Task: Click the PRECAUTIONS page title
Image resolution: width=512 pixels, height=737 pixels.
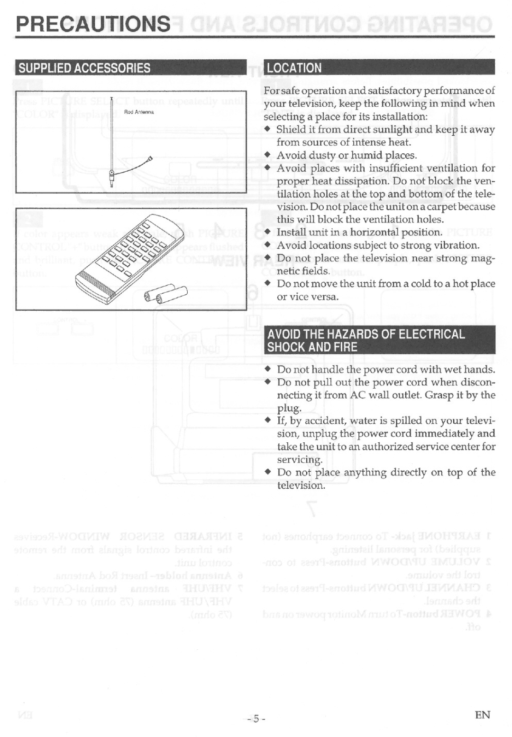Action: pyautogui.click(x=93, y=24)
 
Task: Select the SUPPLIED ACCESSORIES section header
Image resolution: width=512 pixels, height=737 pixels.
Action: pyautogui.click(x=84, y=68)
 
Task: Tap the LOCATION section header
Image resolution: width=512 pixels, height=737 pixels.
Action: pyautogui.click(x=294, y=68)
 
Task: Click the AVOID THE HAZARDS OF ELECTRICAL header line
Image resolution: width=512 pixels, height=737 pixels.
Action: pyautogui.click(x=366, y=334)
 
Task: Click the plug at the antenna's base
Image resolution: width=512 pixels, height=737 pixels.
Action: pyautogui.click(x=111, y=179)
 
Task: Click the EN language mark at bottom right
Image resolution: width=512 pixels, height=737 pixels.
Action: pyautogui.click(x=482, y=715)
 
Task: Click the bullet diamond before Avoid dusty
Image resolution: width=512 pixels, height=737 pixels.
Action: pyautogui.click(x=267, y=155)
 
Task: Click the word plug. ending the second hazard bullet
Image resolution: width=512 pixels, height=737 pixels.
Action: pyautogui.click(x=289, y=409)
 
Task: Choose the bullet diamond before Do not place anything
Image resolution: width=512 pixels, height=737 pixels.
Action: pyautogui.click(x=267, y=472)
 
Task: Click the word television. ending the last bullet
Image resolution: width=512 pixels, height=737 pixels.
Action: pyautogui.click(x=301, y=485)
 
